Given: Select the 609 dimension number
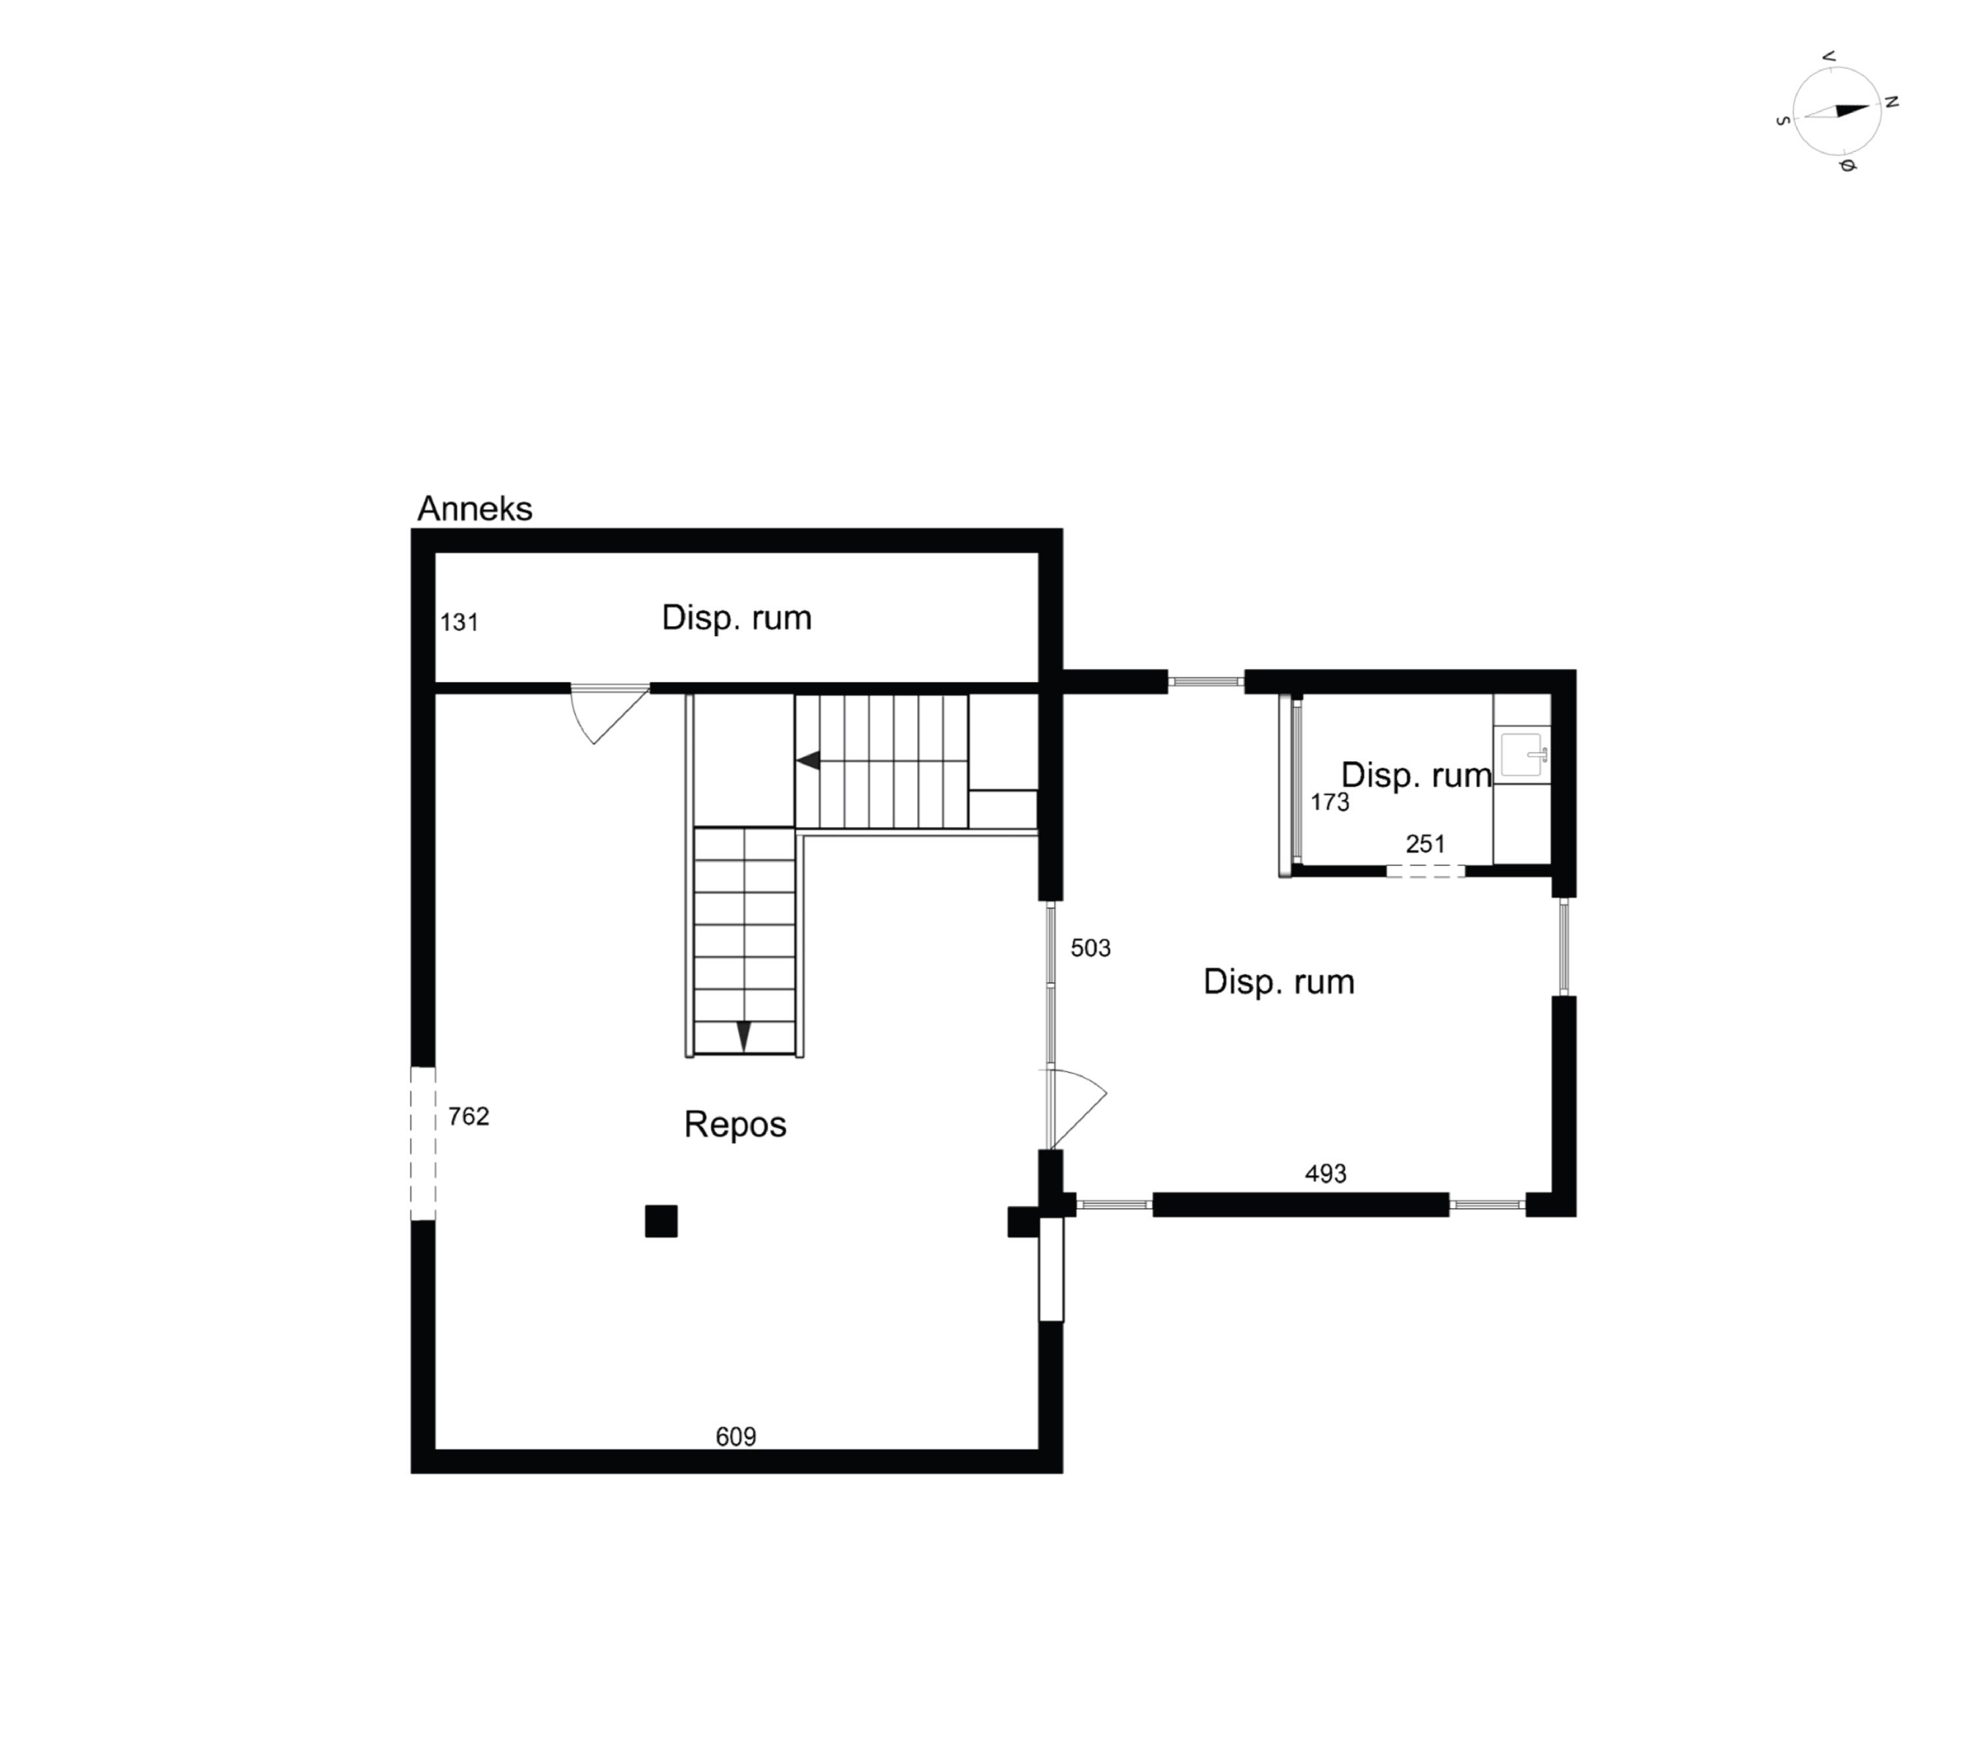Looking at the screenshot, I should tap(735, 1437).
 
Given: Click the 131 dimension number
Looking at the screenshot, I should tap(459, 622).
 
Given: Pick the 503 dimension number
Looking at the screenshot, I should tap(1090, 948).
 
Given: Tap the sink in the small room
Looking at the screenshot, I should tap(1523, 755).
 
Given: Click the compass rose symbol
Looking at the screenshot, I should tap(1836, 111).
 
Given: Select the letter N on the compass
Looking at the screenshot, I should tap(1892, 101).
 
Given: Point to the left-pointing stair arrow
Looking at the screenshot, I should tap(808, 760).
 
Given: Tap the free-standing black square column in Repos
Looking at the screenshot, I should tap(661, 1221).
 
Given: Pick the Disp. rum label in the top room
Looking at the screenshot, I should tap(736, 618).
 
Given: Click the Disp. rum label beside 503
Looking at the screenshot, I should tap(1278, 982).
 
